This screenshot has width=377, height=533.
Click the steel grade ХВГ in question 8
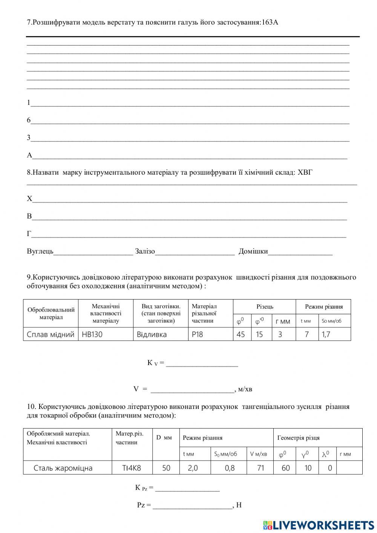pos(305,173)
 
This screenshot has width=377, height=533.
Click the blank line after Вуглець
pos(93,252)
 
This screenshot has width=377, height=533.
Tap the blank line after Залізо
pos(195,252)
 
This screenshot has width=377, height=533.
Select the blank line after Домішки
pos(300,252)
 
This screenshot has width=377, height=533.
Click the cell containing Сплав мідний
pos(51,334)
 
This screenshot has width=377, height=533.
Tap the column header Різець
pos(265,307)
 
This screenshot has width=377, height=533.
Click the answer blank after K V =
pos(202,363)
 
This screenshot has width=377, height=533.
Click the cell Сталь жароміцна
pos(63,468)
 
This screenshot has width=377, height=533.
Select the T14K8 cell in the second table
pos(132,468)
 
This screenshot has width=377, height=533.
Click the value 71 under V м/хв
pos(260,468)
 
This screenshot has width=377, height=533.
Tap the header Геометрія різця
pos(298,438)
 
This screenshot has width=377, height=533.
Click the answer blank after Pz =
pos(193,505)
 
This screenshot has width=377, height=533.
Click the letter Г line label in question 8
pos(29,234)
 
